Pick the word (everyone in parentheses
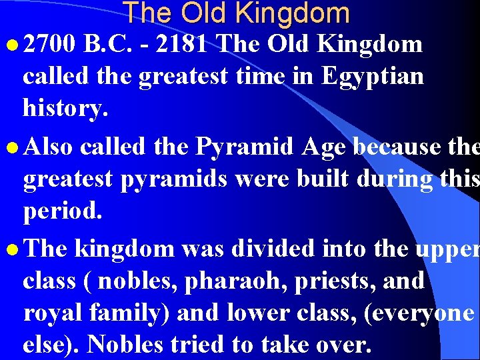419,313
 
